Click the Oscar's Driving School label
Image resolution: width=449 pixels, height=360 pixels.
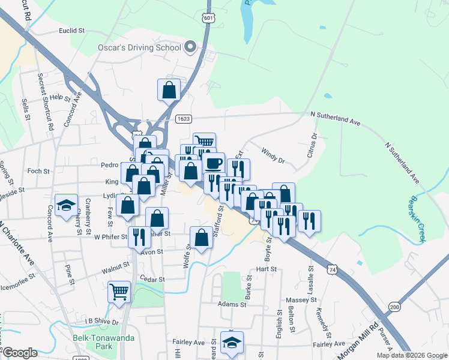139,47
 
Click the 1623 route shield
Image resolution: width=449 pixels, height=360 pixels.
184,119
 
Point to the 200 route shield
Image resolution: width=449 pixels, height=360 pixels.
394,307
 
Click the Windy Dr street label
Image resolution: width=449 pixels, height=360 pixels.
273,157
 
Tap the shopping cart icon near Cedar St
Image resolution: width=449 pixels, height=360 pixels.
119,292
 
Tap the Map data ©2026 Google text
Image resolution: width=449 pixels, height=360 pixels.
411,355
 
